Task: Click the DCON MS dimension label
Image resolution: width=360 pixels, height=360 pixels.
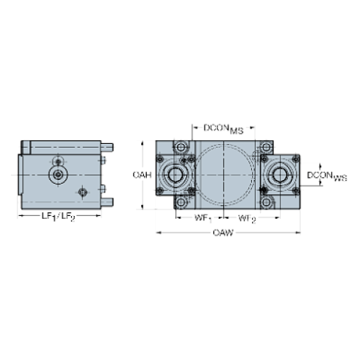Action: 223,129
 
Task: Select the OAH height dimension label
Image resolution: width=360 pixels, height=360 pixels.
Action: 142,175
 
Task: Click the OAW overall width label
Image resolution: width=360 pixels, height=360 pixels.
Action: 223,234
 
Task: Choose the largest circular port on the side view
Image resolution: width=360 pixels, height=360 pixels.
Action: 57,174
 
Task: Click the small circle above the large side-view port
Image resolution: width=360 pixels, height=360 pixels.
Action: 57,160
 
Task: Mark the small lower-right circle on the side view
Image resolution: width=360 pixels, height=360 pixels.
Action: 82,192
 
